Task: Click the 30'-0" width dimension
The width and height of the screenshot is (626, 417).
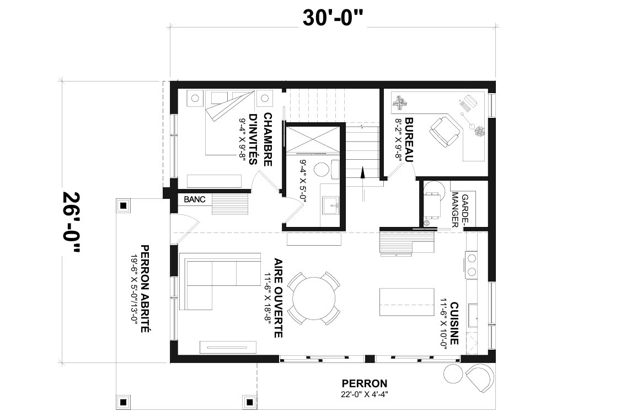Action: coord(333,18)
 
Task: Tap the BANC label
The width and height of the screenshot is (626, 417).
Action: coord(195,199)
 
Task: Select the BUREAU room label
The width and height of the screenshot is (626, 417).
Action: coord(409,139)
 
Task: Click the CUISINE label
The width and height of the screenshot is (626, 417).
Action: coord(454,323)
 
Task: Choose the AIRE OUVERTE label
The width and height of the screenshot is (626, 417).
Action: coord(279,298)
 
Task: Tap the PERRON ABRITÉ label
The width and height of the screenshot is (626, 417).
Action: coord(145,289)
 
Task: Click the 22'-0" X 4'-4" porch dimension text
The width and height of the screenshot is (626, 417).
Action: coord(365,394)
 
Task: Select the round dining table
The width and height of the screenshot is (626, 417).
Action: coord(314,298)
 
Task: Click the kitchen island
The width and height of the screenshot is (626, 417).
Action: coord(407,302)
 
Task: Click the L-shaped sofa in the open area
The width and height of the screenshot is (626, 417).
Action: coord(220,280)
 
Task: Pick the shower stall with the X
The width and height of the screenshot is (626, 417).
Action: coord(312,139)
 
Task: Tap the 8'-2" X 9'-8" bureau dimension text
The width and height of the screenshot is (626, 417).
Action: coord(398,139)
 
